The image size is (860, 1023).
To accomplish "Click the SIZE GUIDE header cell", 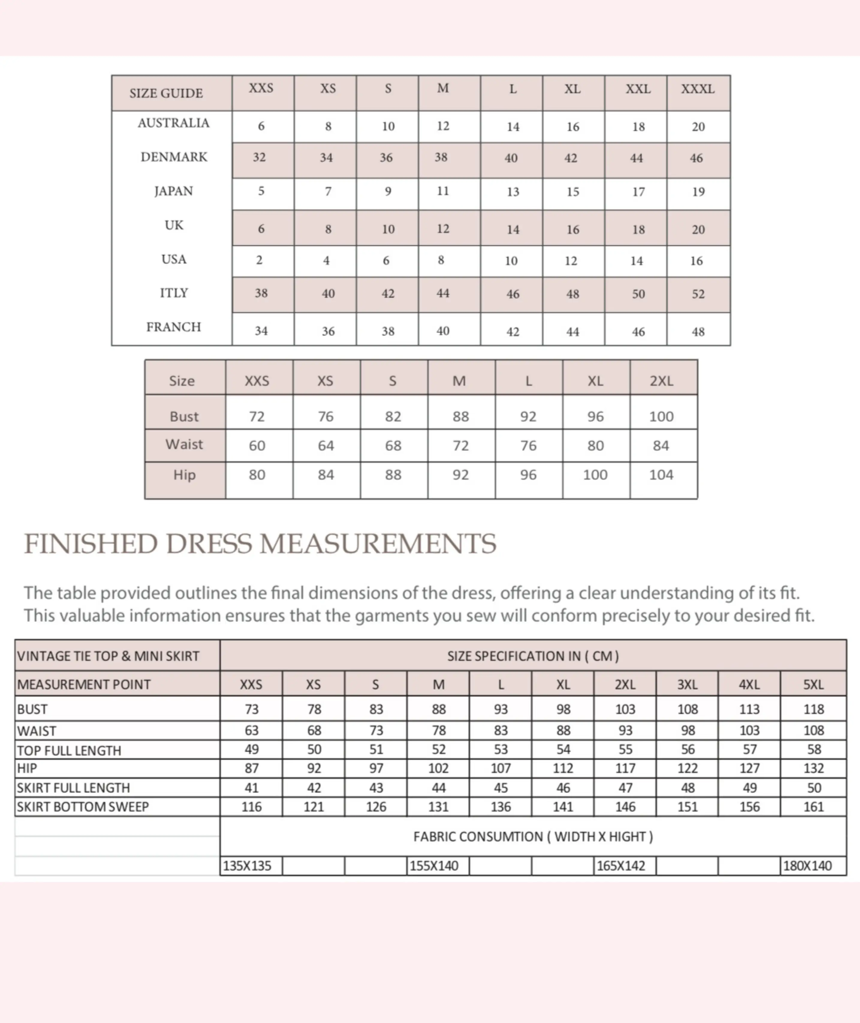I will (166, 93).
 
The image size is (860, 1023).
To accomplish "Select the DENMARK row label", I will (174, 157).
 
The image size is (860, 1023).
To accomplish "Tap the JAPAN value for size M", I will (443, 191).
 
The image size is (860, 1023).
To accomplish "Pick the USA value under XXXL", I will (697, 261).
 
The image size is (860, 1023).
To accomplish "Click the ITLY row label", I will (174, 293).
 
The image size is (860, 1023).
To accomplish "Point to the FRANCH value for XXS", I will (261, 331).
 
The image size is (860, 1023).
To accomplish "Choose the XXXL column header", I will (698, 89).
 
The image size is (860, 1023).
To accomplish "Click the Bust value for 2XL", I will (661, 417).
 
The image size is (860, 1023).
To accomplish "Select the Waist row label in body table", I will (184, 444).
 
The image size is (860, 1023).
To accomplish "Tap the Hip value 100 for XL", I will (595, 475).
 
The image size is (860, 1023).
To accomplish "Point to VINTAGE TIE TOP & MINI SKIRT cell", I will (108, 656).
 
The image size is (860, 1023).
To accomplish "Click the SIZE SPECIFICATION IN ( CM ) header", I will (533, 656).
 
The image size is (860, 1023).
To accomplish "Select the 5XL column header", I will (813, 685).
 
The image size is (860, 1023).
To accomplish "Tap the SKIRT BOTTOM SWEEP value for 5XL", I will (813, 807).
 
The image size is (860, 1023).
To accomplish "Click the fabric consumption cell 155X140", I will (434, 866).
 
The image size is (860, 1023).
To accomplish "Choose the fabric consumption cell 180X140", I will (807, 866).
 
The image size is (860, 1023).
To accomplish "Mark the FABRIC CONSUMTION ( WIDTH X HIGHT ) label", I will (533, 837).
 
